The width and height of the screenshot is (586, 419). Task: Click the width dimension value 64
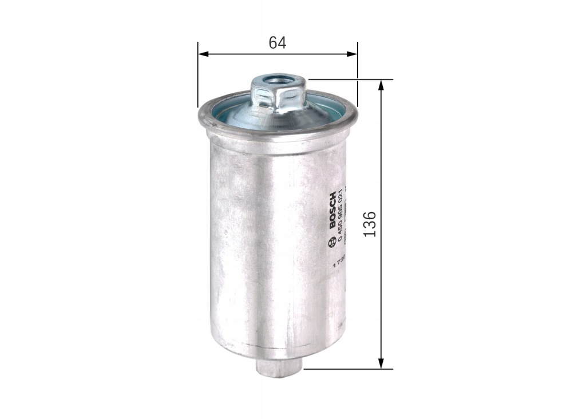click(277, 42)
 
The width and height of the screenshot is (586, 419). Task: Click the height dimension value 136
click(370, 224)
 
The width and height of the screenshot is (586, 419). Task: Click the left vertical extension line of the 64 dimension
click(197, 74)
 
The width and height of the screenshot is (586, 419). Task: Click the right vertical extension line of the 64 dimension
click(358, 74)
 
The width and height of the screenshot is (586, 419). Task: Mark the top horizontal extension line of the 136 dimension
click(349, 80)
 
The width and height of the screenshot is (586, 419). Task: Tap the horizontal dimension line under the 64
click(240, 54)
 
